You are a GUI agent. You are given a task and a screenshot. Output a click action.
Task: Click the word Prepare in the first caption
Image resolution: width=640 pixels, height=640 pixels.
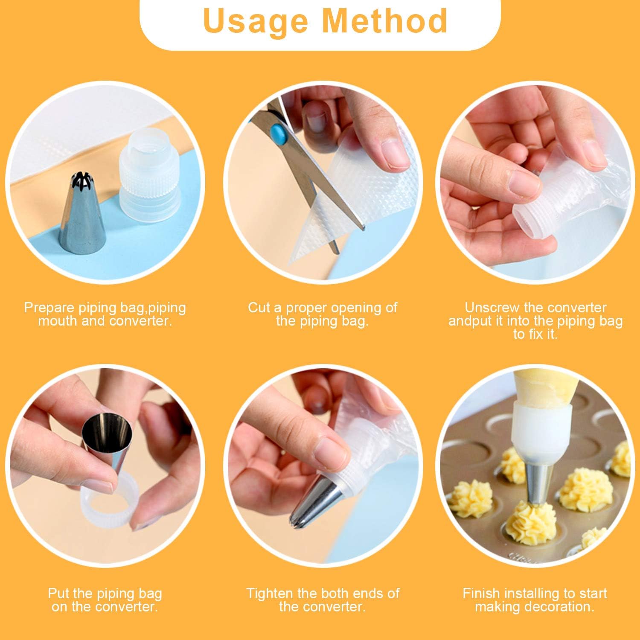(50, 308)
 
